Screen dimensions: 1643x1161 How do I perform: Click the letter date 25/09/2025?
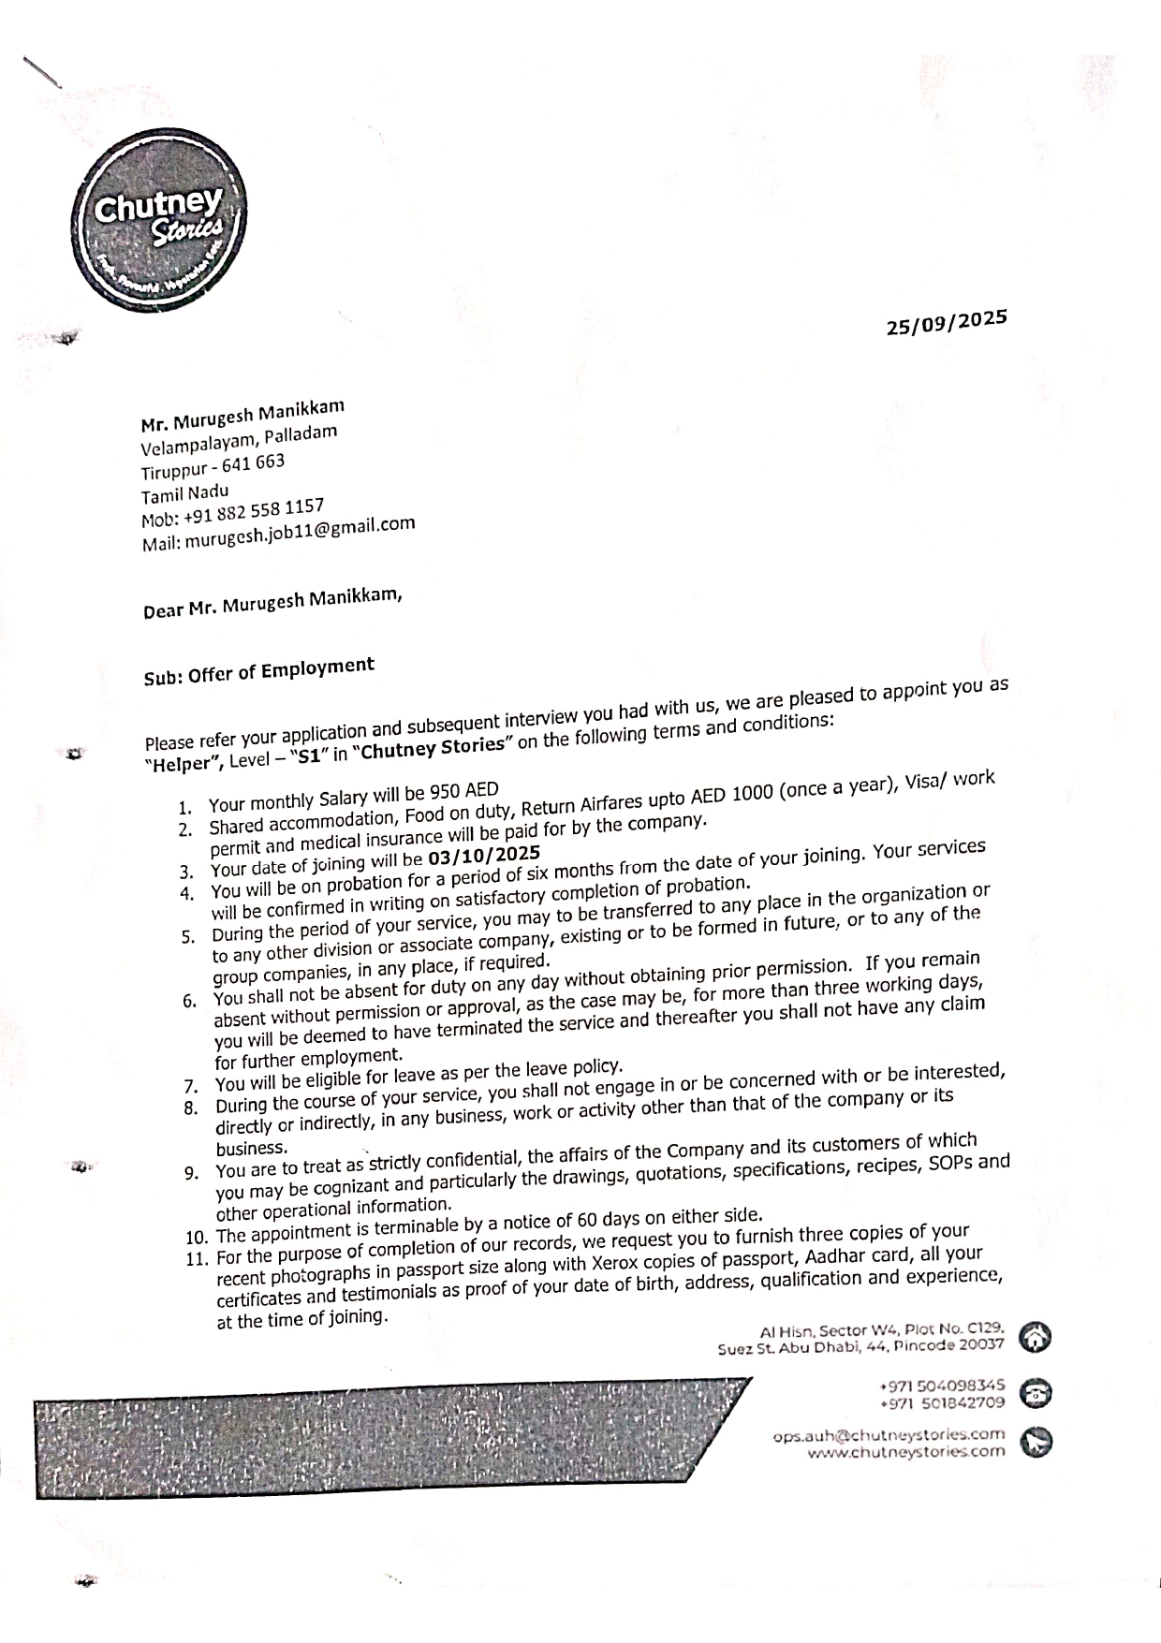coord(947,322)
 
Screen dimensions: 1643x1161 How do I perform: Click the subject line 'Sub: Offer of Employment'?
coord(258,671)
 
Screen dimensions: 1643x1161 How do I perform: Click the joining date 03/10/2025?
coord(484,856)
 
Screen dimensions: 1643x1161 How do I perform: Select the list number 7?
coord(190,1087)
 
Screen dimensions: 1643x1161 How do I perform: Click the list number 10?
coord(196,1237)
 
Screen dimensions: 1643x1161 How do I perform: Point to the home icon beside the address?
coord(1033,1337)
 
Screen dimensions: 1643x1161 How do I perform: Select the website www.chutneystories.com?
coord(906,1452)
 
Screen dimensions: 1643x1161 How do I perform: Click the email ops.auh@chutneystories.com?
coord(889,1434)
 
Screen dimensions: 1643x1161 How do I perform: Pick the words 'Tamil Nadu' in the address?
coord(184,492)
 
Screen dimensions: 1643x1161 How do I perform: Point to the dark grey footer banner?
coord(375,1437)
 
